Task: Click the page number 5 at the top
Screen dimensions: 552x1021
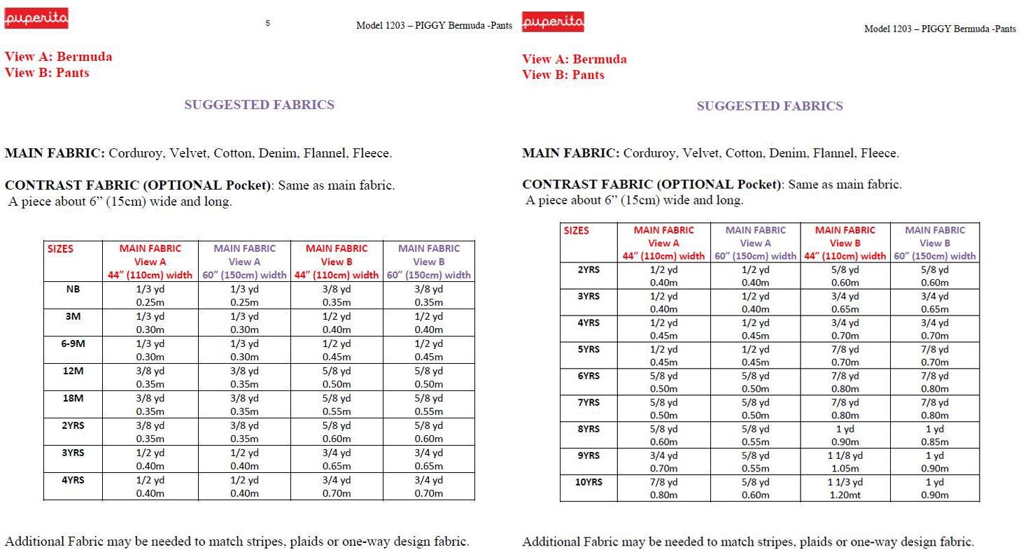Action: click(268, 23)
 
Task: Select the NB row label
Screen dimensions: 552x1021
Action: click(73, 289)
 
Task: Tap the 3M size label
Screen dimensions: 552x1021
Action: click(73, 316)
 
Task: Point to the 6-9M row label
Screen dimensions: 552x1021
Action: click(73, 344)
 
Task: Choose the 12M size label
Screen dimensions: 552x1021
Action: click(73, 371)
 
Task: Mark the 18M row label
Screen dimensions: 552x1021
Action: click(73, 398)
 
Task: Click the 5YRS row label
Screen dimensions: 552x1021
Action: click(589, 349)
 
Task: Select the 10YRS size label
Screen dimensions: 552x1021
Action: click(589, 482)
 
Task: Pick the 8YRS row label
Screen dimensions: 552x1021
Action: click(589, 429)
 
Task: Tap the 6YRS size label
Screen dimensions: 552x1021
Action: click(589, 376)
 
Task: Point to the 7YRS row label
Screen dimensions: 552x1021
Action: click(589, 402)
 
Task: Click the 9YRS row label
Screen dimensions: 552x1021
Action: click(589, 455)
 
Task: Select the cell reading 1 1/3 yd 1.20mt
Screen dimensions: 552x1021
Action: click(845, 488)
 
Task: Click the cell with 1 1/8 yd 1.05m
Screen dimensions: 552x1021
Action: click(845, 462)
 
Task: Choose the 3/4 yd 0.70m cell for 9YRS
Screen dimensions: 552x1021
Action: click(663, 462)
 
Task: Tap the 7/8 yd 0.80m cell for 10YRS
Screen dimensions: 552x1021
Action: click(663, 488)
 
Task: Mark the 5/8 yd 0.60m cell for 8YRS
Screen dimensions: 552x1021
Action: click(663, 435)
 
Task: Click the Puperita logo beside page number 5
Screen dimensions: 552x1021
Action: click(36, 19)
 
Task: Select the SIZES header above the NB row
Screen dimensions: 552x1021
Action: click(60, 248)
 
